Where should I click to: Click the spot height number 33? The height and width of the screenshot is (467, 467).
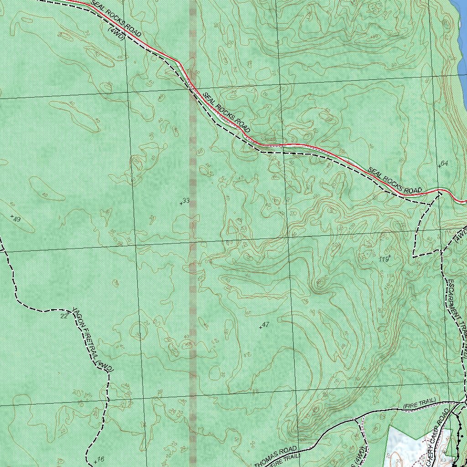click(186, 201)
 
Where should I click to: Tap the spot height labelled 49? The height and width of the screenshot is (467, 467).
click(17, 219)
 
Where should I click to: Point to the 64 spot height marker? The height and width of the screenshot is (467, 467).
click(445, 163)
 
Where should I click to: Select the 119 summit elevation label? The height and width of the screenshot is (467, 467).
click(384, 259)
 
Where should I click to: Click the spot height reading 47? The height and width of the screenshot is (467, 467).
click(266, 325)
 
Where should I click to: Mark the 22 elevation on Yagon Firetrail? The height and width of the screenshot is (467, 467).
click(64, 316)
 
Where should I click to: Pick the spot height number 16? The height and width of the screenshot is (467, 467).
click(101, 459)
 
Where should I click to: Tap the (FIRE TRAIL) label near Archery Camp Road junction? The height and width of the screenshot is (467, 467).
click(419, 403)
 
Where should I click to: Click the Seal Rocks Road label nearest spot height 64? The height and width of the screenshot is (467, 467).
click(395, 180)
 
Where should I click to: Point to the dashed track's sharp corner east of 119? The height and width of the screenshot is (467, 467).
click(414, 257)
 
